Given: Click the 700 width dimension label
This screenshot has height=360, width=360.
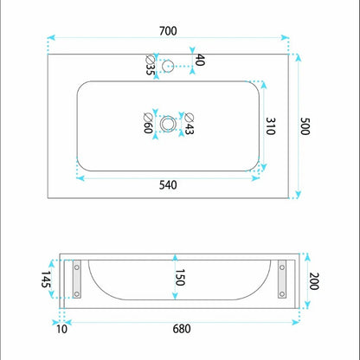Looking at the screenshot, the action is pyautogui.click(x=168, y=31).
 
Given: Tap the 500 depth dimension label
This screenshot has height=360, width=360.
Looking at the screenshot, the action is pyautogui.click(x=305, y=126).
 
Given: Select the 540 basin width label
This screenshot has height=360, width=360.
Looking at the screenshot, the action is pyautogui.click(x=168, y=185).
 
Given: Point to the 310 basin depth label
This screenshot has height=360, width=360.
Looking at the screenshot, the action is pyautogui.click(x=270, y=126).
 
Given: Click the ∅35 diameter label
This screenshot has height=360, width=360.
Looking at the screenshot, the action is pyautogui.click(x=150, y=65).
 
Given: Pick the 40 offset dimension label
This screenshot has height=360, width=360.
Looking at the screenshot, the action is pyautogui.click(x=200, y=60).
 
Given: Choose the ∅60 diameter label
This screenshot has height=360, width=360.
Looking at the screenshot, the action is pyautogui.click(x=148, y=124).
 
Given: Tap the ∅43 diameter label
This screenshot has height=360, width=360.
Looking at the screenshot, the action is pyautogui.click(x=189, y=124).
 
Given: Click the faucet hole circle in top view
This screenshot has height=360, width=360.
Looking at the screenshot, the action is pyautogui.click(x=168, y=66).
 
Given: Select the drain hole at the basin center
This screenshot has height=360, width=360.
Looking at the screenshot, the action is pyautogui.click(x=168, y=124).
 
